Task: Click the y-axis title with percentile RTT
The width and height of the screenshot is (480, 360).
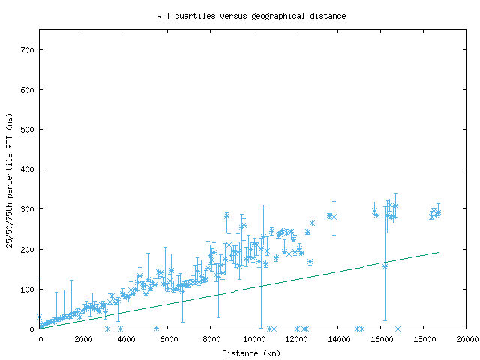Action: pos(10,180)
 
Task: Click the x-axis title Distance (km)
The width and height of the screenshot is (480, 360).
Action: pos(251,353)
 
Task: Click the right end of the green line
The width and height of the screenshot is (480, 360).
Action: pos(438,252)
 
